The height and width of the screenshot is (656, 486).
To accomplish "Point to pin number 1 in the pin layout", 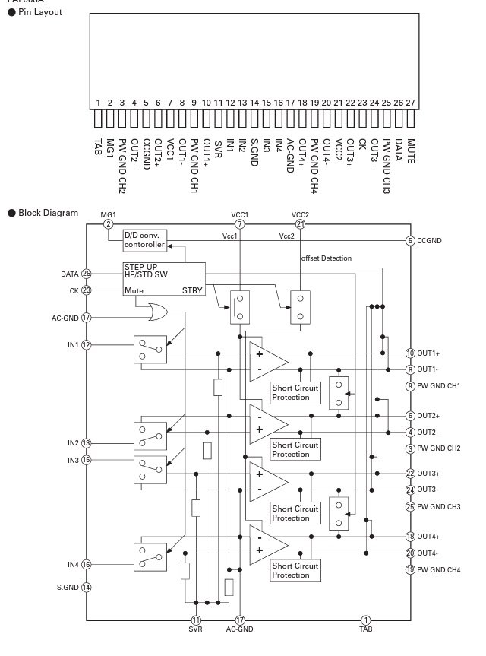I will click(98, 103).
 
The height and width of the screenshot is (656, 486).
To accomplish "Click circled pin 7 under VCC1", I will click(239, 224).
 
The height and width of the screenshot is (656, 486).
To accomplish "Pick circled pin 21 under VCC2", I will click(300, 224).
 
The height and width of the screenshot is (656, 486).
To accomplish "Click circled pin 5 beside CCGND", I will click(411, 241).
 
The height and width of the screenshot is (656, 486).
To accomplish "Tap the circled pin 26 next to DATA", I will click(108, 274).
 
